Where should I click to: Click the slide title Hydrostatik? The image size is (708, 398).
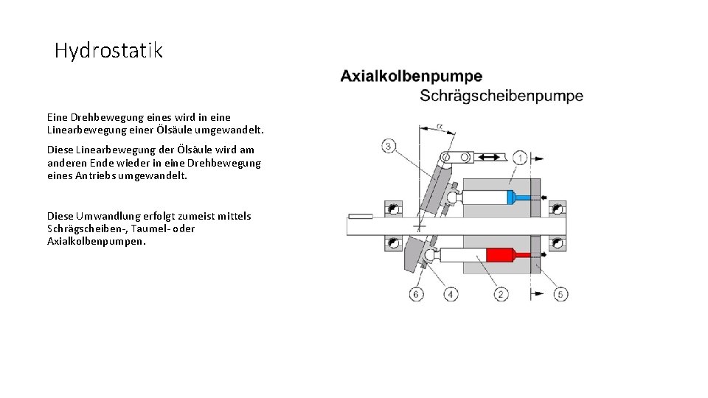pyautogui.click(x=108, y=51)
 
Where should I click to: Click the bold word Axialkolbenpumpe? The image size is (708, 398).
pyautogui.click(x=411, y=76)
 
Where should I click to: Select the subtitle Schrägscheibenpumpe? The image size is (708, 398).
pyautogui.click(x=501, y=96)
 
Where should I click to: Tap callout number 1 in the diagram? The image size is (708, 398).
pyautogui.click(x=520, y=158)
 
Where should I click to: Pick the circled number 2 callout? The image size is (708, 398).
pyautogui.click(x=502, y=294)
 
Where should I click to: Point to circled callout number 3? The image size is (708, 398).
pyautogui.click(x=389, y=145)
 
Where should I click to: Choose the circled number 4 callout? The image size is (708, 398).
pyautogui.click(x=450, y=294)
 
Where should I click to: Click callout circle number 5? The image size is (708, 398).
pyautogui.click(x=560, y=294)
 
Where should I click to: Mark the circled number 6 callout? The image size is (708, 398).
pyautogui.click(x=417, y=294)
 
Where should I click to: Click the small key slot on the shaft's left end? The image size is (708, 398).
pyautogui.click(x=361, y=216)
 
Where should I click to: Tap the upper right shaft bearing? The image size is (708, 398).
pyautogui.click(x=557, y=209)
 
